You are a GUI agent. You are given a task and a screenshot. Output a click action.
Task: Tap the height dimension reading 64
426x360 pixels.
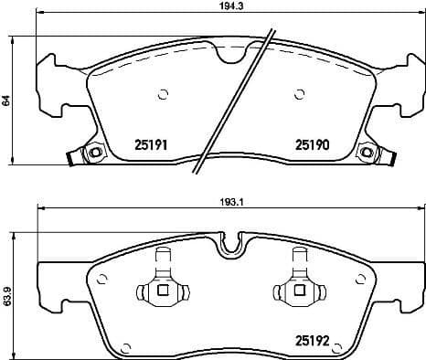[x=6, y=101]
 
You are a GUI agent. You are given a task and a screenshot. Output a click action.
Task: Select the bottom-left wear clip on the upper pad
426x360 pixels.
[x=90, y=153]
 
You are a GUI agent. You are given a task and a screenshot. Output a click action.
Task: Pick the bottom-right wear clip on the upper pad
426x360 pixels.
[x=367, y=153]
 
